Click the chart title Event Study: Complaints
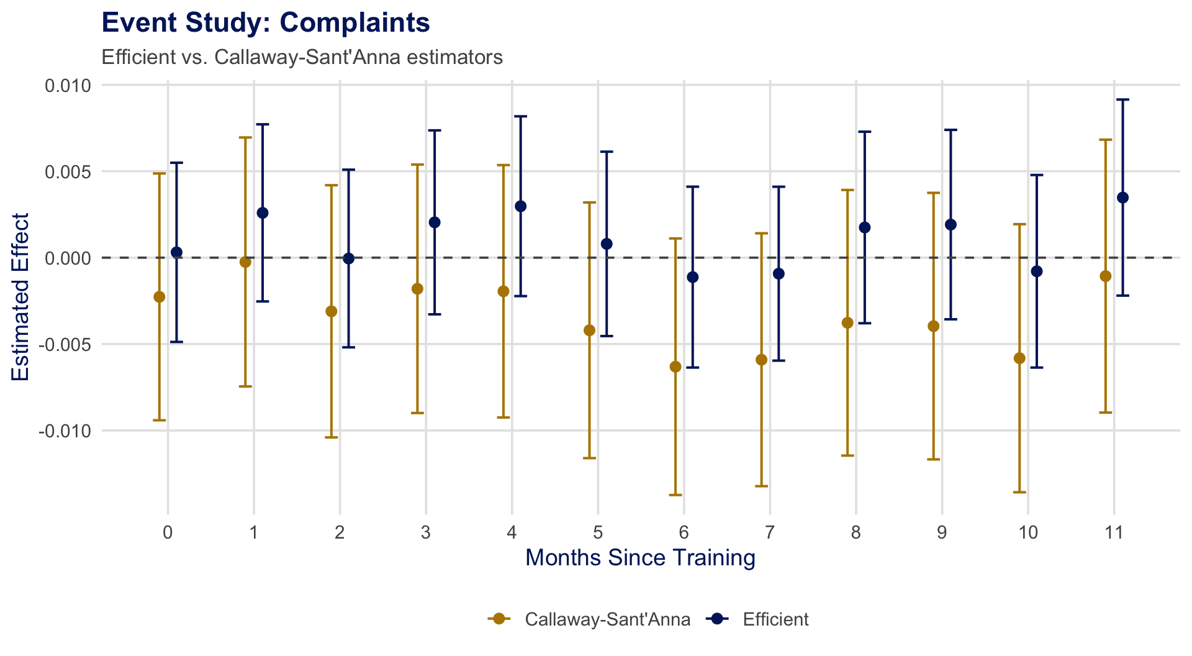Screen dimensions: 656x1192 (x=265, y=23)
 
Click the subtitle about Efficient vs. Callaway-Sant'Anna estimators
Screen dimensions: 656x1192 (x=302, y=57)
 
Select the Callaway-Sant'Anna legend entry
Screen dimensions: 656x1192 (x=607, y=619)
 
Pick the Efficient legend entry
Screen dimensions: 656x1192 (x=775, y=619)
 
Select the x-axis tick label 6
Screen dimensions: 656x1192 (x=684, y=532)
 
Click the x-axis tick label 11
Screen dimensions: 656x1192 (x=1114, y=532)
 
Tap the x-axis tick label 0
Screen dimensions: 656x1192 (x=168, y=532)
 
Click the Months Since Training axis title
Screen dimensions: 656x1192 (x=640, y=558)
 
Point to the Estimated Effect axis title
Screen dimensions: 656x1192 (x=20, y=297)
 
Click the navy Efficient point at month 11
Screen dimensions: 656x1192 (x=1122, y=198)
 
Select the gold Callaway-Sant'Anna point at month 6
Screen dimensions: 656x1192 (x=675, y=367)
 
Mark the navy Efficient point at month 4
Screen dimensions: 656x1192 (x=521, y=206)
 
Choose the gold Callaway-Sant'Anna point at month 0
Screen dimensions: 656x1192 (x=160, y=297)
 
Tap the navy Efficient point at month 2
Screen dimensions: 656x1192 (x=348, y=258)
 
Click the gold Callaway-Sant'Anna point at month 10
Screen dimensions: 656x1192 (x=1019, y=358)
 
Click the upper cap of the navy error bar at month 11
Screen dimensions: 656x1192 (x=1122, y=99)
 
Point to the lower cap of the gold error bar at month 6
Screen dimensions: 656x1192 (x=675, y=495)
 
